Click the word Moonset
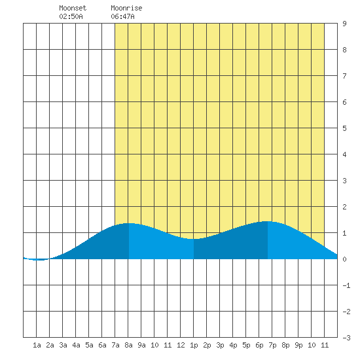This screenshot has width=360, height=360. click(73, 8)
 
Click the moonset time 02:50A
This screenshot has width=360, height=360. click(71, 16)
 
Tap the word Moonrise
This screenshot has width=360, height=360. click(126, 8)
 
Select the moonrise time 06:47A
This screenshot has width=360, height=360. click(122, 16)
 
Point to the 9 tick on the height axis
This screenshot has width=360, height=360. click(344, 24)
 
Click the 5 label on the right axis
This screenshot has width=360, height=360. click(344, 128)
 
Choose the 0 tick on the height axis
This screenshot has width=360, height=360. click(344, 259)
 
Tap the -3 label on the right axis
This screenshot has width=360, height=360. click(346, 338)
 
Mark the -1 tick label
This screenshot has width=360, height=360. click(346, 285)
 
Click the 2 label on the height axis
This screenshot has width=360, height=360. click(344, 207)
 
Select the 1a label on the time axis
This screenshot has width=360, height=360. click(37, 345)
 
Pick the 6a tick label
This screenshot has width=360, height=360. click(102, 345)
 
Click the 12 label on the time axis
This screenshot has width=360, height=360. click(181, 345)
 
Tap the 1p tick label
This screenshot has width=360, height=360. click(194, 345)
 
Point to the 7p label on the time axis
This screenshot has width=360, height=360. click(272, 345)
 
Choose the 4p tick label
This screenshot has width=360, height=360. click(233, 345)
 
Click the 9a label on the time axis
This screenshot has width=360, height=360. click(141, 345)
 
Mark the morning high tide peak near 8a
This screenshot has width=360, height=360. click(129, 223)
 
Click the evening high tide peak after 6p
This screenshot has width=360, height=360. click(268, 221)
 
